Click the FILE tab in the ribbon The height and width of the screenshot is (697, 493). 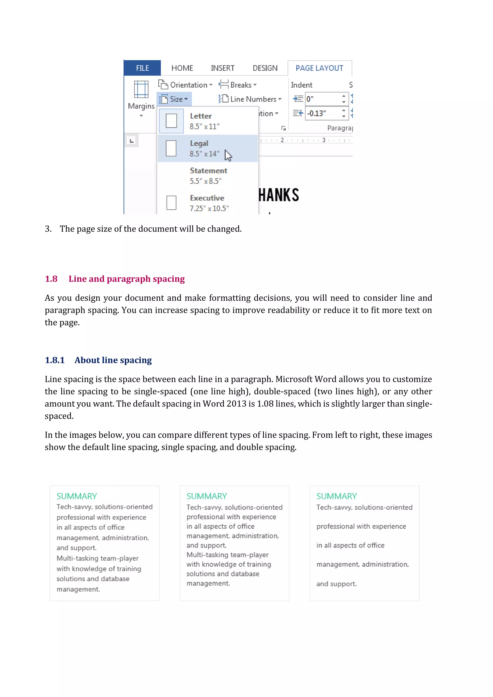pyautogui.click(x=142, y=68)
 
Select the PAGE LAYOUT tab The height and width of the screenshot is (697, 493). pyautogui.click(x=319, y=68)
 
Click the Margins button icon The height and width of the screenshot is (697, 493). pyautogui.click(x=141, y=90)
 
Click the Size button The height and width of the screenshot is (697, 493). pyautogui.click(x=174, y=99)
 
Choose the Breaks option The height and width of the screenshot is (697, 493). pyautogui.click(x=238, y=85)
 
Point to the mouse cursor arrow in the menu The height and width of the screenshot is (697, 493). pyautogui.click(x=228, y=155)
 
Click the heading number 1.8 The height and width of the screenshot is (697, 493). pyautogui.click(x=51, y=279)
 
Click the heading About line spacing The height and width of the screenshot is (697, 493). pyautogui.click(x=113, y=360)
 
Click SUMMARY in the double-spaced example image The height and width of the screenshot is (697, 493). pyautogui.click(x=336, y=496)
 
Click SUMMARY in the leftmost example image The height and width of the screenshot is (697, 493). pyautogui.click(x=77, y=496)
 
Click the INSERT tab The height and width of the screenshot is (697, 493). pyautogui.click(x=222, y=68)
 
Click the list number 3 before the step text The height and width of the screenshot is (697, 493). pyautogui.click(x=48, y=229)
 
